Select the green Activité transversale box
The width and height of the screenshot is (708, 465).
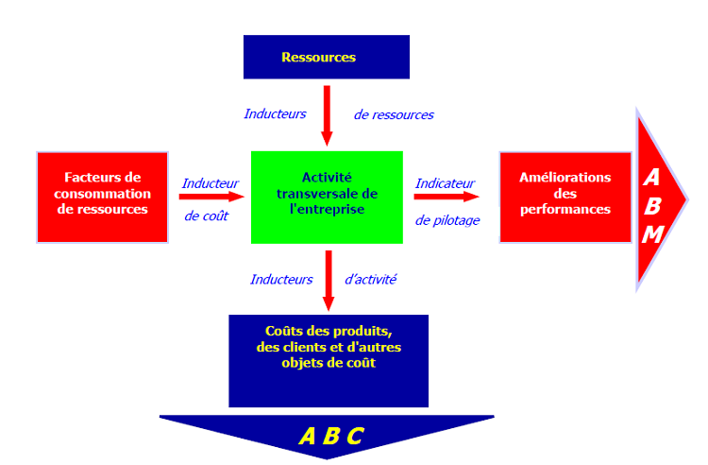tap(327, 197)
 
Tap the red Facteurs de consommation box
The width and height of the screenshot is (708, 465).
tap(102, 197)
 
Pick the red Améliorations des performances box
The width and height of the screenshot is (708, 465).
tap(565, 197)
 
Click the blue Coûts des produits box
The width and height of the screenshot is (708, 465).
tap(328, 360)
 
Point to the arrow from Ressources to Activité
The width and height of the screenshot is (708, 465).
tap(327, 115)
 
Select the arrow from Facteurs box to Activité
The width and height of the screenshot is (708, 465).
tap(211, 197)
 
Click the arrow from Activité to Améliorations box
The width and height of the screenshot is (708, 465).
tap(445, 197)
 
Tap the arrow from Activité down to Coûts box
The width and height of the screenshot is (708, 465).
tap(328, 280)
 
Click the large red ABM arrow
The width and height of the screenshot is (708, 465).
tap(661, 198)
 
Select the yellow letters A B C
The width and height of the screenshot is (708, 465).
tap(330, 436)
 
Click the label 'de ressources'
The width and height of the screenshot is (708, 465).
tap(394, 115)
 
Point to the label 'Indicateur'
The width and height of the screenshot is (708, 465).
tap(445, 183)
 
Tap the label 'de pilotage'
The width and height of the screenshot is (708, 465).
tap(447, 220)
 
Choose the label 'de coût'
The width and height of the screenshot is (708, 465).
tap(208, 215)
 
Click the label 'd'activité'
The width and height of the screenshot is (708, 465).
tap(371, 279)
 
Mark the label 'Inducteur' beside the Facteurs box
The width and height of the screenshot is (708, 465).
tap(211, 183)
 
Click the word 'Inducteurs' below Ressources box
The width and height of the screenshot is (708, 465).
tap(275, 113)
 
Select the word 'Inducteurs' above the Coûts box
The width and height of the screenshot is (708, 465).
tap(281, 279)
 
